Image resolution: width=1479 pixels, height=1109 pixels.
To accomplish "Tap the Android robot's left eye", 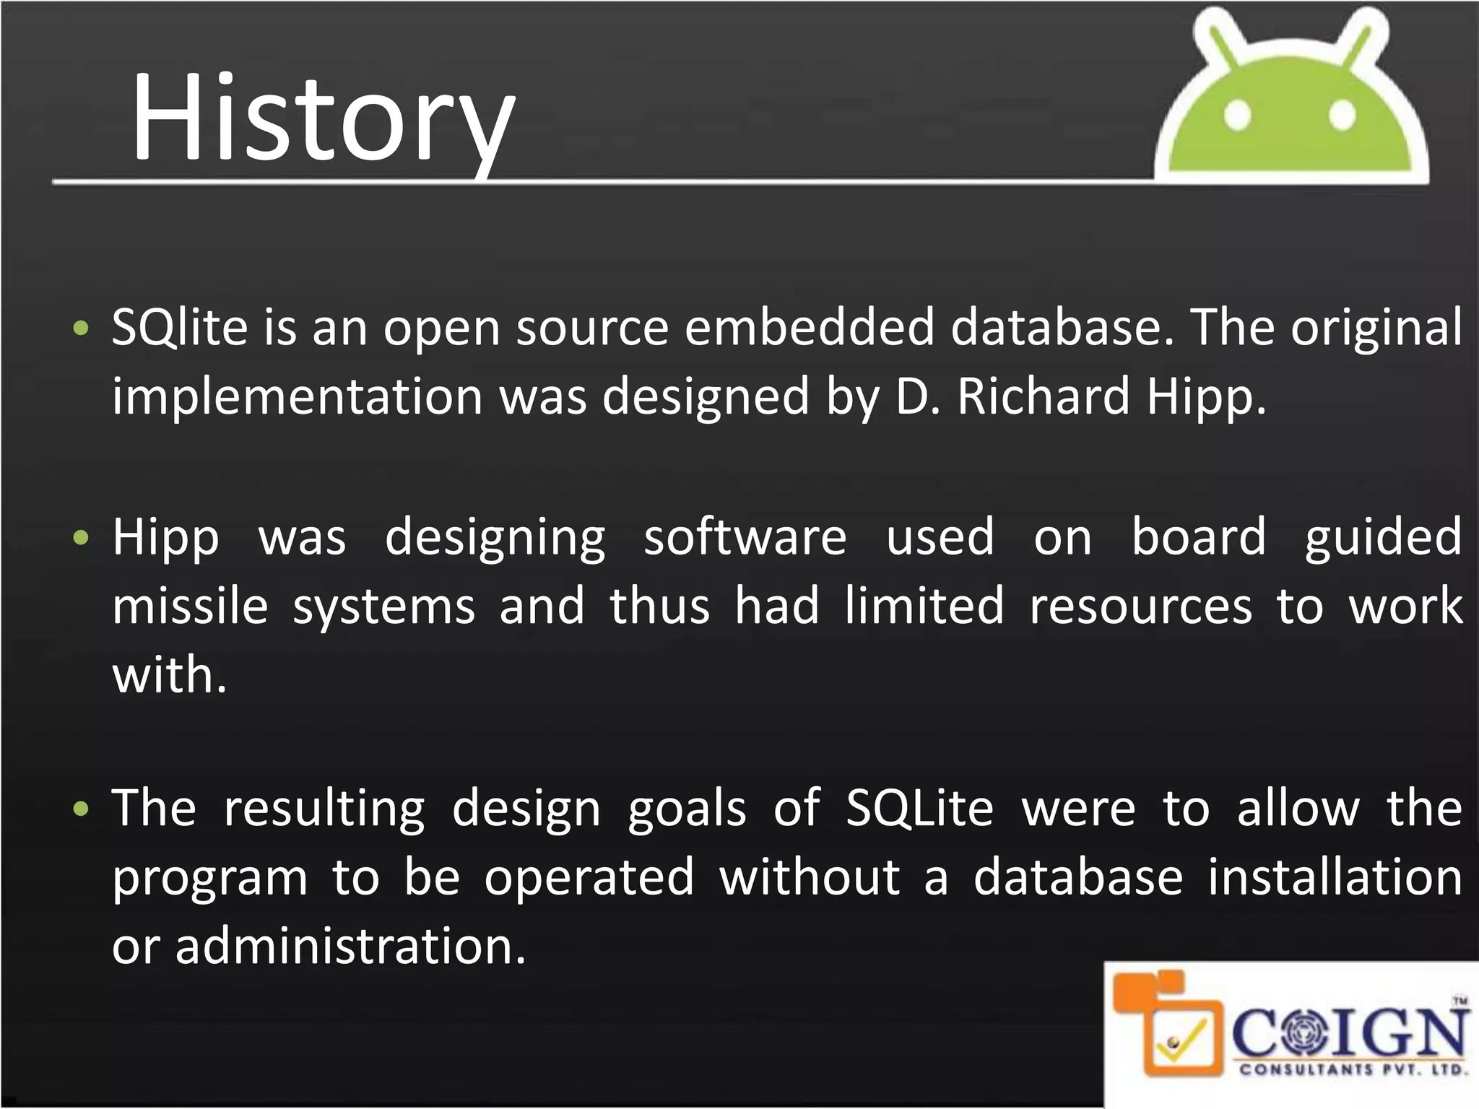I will click(1237, 115).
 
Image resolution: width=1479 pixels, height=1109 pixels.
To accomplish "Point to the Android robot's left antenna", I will click(1221, 36).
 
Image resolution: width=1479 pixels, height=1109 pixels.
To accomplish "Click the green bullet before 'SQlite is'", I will click(81, 329).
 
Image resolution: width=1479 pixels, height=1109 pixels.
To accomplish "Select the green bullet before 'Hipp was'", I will click(81, 538).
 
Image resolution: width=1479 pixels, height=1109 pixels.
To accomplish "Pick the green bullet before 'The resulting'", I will click(81, 809).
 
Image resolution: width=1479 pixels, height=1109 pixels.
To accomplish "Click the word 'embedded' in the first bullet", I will click(809, 327).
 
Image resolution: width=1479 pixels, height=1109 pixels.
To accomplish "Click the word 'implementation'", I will click(297, 397).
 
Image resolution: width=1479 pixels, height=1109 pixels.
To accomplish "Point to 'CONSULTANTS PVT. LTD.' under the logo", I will click(1353, 1069).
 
